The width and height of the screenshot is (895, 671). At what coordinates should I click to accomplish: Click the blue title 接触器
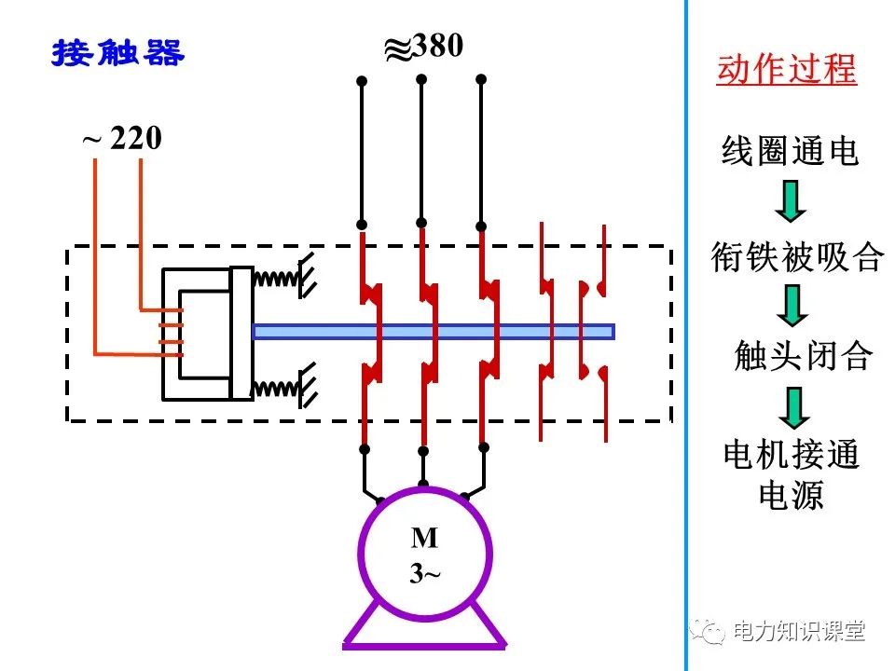point(118,53)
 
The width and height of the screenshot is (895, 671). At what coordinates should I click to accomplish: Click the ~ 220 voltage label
point(122,140)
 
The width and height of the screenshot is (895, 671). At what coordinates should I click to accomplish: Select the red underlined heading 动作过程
point(786,70)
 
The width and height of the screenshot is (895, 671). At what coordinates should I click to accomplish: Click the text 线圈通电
point(790,150)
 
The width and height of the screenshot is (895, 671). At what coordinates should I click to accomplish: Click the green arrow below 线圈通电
point(791,201)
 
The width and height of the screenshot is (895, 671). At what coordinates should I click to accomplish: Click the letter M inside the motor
point(424,538)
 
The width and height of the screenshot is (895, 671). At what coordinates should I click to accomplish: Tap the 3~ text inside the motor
point(424,573)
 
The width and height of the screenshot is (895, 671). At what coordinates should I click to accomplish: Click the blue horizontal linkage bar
point(434,331)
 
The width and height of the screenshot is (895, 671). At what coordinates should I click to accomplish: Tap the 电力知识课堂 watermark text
point(799,632)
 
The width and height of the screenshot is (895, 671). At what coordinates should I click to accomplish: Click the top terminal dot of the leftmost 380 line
point(362,81)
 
